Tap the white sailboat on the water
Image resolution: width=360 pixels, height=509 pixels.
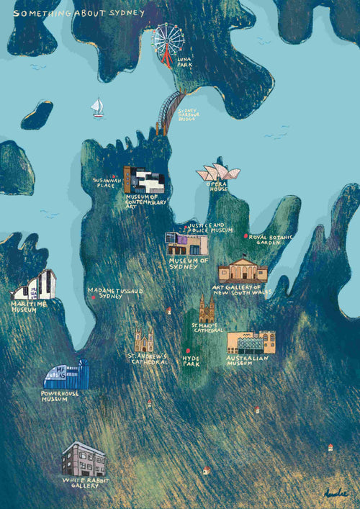tap(97, 108)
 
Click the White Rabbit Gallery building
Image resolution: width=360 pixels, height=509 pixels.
tap(84, 459)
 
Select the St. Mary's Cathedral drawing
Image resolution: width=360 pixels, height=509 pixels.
tap(207, 309)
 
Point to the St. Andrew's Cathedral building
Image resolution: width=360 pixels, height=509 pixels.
tap(144, 341)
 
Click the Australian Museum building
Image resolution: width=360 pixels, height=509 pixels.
tap(251, 343)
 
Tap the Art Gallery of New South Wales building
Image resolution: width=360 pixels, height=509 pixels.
tap(243, 271)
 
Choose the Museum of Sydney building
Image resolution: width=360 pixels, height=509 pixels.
tap(186, 244)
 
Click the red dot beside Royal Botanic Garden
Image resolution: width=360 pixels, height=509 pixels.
tap(246, 236)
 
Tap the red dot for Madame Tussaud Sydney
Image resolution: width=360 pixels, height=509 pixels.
tap(93, 297)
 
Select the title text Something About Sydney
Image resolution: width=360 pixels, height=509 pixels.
tap(78, 13)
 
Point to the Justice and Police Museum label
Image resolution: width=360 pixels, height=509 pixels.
tap(212, 228)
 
